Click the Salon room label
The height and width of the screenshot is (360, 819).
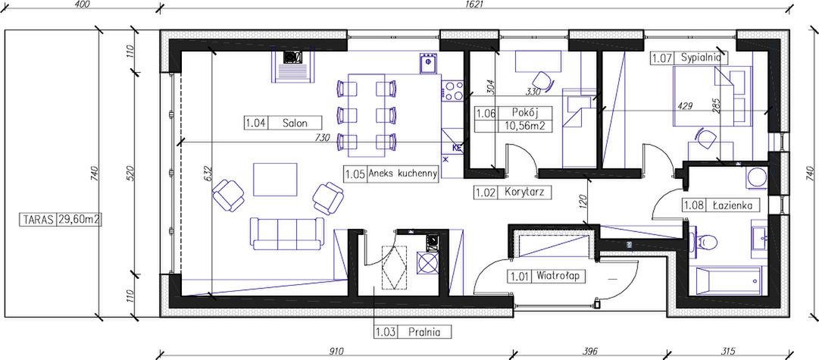[x=295, y=124]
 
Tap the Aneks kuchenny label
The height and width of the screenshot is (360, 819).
[x=402, y=173]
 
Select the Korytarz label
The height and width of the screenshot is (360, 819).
[x=525, y=192]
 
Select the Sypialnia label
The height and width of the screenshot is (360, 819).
[x=698, y=58]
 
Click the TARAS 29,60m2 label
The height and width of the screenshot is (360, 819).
[x=61, y=220]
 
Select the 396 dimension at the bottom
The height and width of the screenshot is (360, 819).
[x=589, y=351]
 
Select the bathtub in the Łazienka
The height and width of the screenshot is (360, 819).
[x=728, y=282]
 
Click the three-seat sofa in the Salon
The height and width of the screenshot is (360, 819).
[x=286, y=233]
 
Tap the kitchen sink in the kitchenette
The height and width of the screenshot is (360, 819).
[x=427, y=64]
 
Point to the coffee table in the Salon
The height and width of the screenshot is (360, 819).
[x=275, y=179]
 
